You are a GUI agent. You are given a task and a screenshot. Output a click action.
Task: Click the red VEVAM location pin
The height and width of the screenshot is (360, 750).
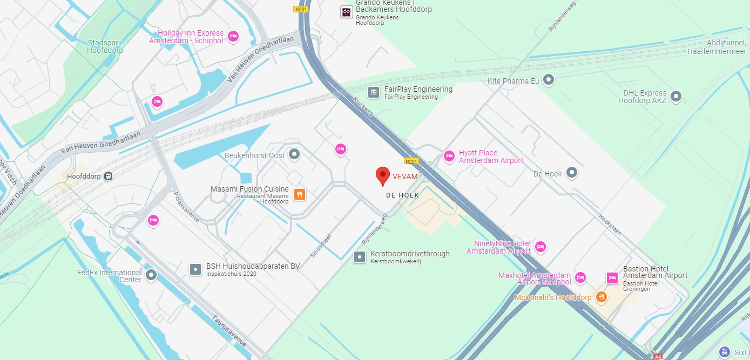click(x=383, y=175)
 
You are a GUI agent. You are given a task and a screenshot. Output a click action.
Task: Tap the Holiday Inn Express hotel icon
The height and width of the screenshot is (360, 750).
click(x=233, y=37)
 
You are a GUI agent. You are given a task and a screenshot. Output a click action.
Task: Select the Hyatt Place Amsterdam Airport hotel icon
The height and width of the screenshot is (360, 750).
click(x=449, y=157)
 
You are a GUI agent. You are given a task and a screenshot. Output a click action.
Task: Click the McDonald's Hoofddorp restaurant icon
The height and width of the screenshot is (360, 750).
click(x=601, y=297)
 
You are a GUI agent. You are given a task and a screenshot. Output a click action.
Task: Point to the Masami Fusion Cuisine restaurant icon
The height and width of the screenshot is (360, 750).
click(x=299, y=194)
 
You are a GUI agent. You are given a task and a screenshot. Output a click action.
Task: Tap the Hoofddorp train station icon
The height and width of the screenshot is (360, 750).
click(x=109, y=176)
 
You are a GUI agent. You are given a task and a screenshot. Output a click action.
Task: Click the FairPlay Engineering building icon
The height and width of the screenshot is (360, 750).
click(x=374, y=92)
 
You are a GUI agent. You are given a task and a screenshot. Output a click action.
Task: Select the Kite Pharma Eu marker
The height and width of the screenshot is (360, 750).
click(x=549, y=80)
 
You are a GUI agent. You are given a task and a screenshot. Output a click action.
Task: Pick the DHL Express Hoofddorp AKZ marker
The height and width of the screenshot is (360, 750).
click(x=675, y=97)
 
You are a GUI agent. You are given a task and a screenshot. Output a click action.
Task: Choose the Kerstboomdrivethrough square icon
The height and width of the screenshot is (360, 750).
click(x=360, y=257)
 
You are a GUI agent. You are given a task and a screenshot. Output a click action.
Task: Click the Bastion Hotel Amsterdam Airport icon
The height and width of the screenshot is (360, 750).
click(x=612, y=278)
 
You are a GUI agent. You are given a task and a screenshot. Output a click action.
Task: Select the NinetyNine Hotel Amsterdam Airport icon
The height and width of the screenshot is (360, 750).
click(x=540, y=247)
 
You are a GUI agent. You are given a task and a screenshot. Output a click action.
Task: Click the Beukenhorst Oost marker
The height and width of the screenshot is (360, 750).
click(x=294, y=155)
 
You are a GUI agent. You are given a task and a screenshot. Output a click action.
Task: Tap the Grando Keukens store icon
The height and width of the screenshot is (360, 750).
click(x=347, y=12)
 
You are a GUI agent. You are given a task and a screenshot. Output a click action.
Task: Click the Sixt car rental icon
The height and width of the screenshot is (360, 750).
click(x=725, y=352)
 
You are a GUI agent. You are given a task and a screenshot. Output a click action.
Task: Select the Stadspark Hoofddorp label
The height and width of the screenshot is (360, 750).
click(x=105, y=46)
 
